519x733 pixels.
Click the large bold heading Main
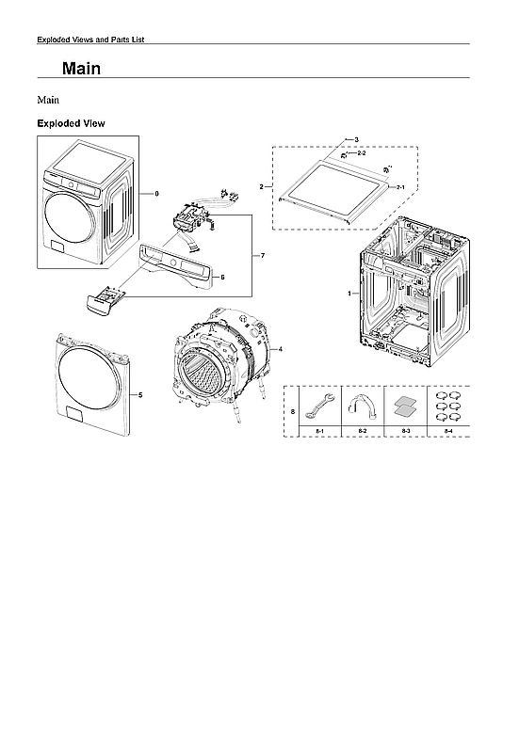[81, 69]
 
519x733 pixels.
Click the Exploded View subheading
[70, 123]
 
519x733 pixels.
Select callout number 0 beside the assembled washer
[156, 193]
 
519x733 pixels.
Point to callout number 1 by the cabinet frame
[349, 294]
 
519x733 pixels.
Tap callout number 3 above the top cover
[356, 139]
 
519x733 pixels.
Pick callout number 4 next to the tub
[281, 349]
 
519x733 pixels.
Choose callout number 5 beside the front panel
[140, 395]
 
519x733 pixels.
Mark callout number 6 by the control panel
[222, 278]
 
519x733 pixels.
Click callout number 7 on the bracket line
[263, 256]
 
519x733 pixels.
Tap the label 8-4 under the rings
[448, 430]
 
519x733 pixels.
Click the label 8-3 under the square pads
[405, 430]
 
